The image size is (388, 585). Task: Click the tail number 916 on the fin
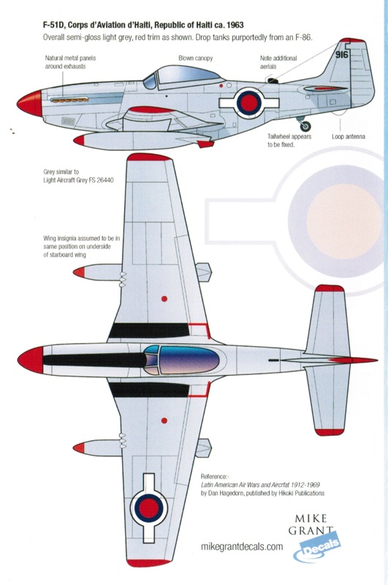point(341,54)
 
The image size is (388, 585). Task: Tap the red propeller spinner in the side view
point(30,102)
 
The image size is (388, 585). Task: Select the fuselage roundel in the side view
point(249,103)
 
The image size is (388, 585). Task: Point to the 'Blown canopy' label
point(195,58)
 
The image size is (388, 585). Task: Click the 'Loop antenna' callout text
point(348,137)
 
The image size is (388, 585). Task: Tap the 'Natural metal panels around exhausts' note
point(70,62)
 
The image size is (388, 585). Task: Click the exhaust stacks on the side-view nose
point(69,99)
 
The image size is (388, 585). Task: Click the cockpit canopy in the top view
point(181,360)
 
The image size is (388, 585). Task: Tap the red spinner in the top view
point(31,360)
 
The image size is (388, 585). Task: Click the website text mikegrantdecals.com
point(242,546)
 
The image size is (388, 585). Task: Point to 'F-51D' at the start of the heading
point(52,25)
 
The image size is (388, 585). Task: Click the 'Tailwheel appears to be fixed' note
point(289,140)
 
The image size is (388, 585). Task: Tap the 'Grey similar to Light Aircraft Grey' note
point(78,176)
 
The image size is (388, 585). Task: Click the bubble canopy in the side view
point(183,77)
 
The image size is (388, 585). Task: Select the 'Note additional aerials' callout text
point(278,62)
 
